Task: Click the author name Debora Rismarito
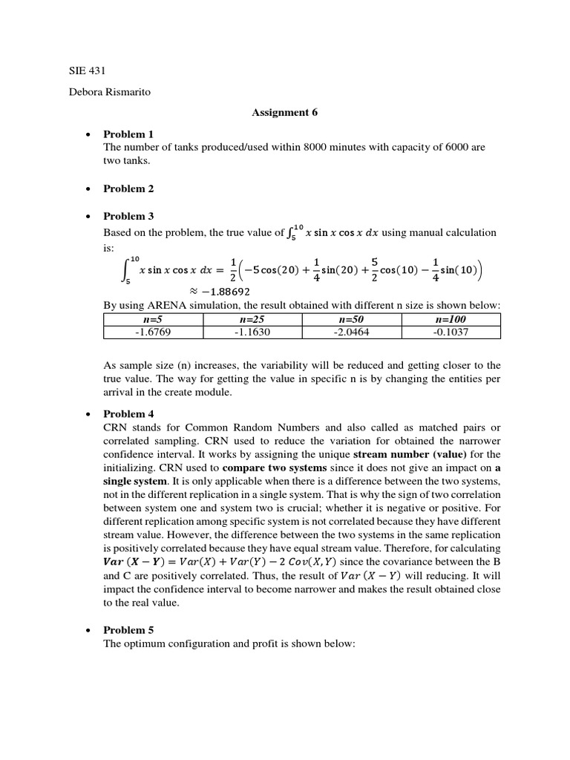click(108, 92)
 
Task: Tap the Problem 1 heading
click(128, 134)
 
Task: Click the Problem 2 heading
click(128, 189)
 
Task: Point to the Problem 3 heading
click(128, 216)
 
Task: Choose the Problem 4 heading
click(128, 413)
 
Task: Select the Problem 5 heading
click(128, 629)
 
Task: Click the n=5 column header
click(153, 319)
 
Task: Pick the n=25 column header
click(252, 319)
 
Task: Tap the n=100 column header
click(451, 319)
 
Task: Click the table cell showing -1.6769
click(153, 332)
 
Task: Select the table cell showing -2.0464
click(352, 332)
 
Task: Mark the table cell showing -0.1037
click(451, 332)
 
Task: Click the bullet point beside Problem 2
click(88, 189)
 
